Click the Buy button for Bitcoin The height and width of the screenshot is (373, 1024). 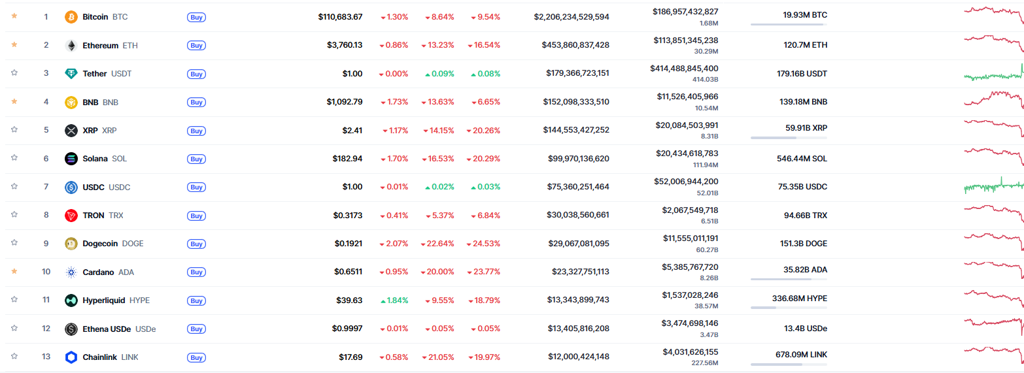coord(196,17)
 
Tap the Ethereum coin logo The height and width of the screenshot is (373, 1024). coord(71,45)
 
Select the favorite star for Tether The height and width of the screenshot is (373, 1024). coord(14,73)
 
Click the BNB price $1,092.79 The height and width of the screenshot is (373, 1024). coord(345,102)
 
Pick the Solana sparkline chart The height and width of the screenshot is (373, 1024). coord(993,158)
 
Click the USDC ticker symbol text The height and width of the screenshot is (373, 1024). coord(119,187)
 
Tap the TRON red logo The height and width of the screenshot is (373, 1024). coord(71,215)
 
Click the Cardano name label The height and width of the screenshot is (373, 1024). coord(98,272)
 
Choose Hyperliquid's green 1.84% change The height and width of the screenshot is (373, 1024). coord(394,300)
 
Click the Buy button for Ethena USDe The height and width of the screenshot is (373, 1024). coord(196,329)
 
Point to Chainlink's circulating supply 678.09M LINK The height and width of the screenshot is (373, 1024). coord(799,355)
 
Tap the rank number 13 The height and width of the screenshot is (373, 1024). coord(46,357)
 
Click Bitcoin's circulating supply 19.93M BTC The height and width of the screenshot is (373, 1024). coord(805,14)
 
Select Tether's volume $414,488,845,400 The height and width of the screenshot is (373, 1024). coord(684,68)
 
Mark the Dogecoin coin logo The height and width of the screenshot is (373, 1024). coord(71,244)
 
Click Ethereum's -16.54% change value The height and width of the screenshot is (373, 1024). coord(485,45)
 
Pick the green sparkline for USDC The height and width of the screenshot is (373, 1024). coord(993,187)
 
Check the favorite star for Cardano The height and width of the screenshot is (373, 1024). coord(14,271)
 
